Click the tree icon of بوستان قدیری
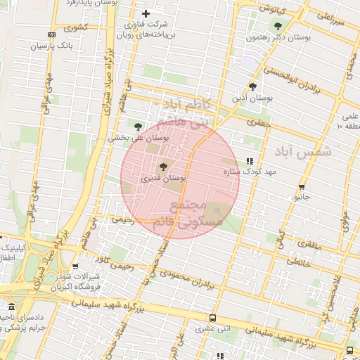point(164,167)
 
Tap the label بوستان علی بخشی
point(140,139)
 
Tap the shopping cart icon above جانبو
point(302,186)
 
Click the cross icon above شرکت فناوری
point(146,13)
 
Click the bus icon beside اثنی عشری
point(212,318)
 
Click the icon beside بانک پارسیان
point(51,34)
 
